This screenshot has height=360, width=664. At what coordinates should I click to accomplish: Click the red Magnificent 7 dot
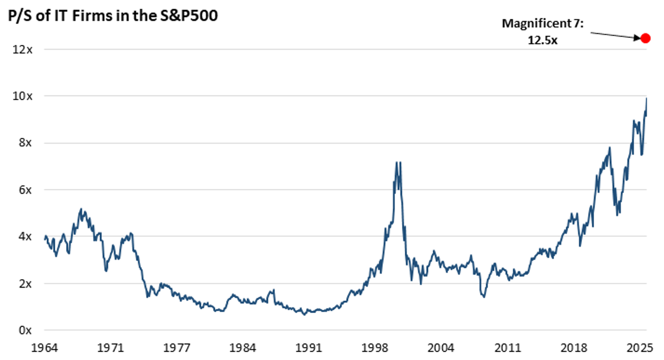tap(645, 38)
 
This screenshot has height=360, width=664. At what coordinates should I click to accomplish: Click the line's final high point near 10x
tap(647, 99)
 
